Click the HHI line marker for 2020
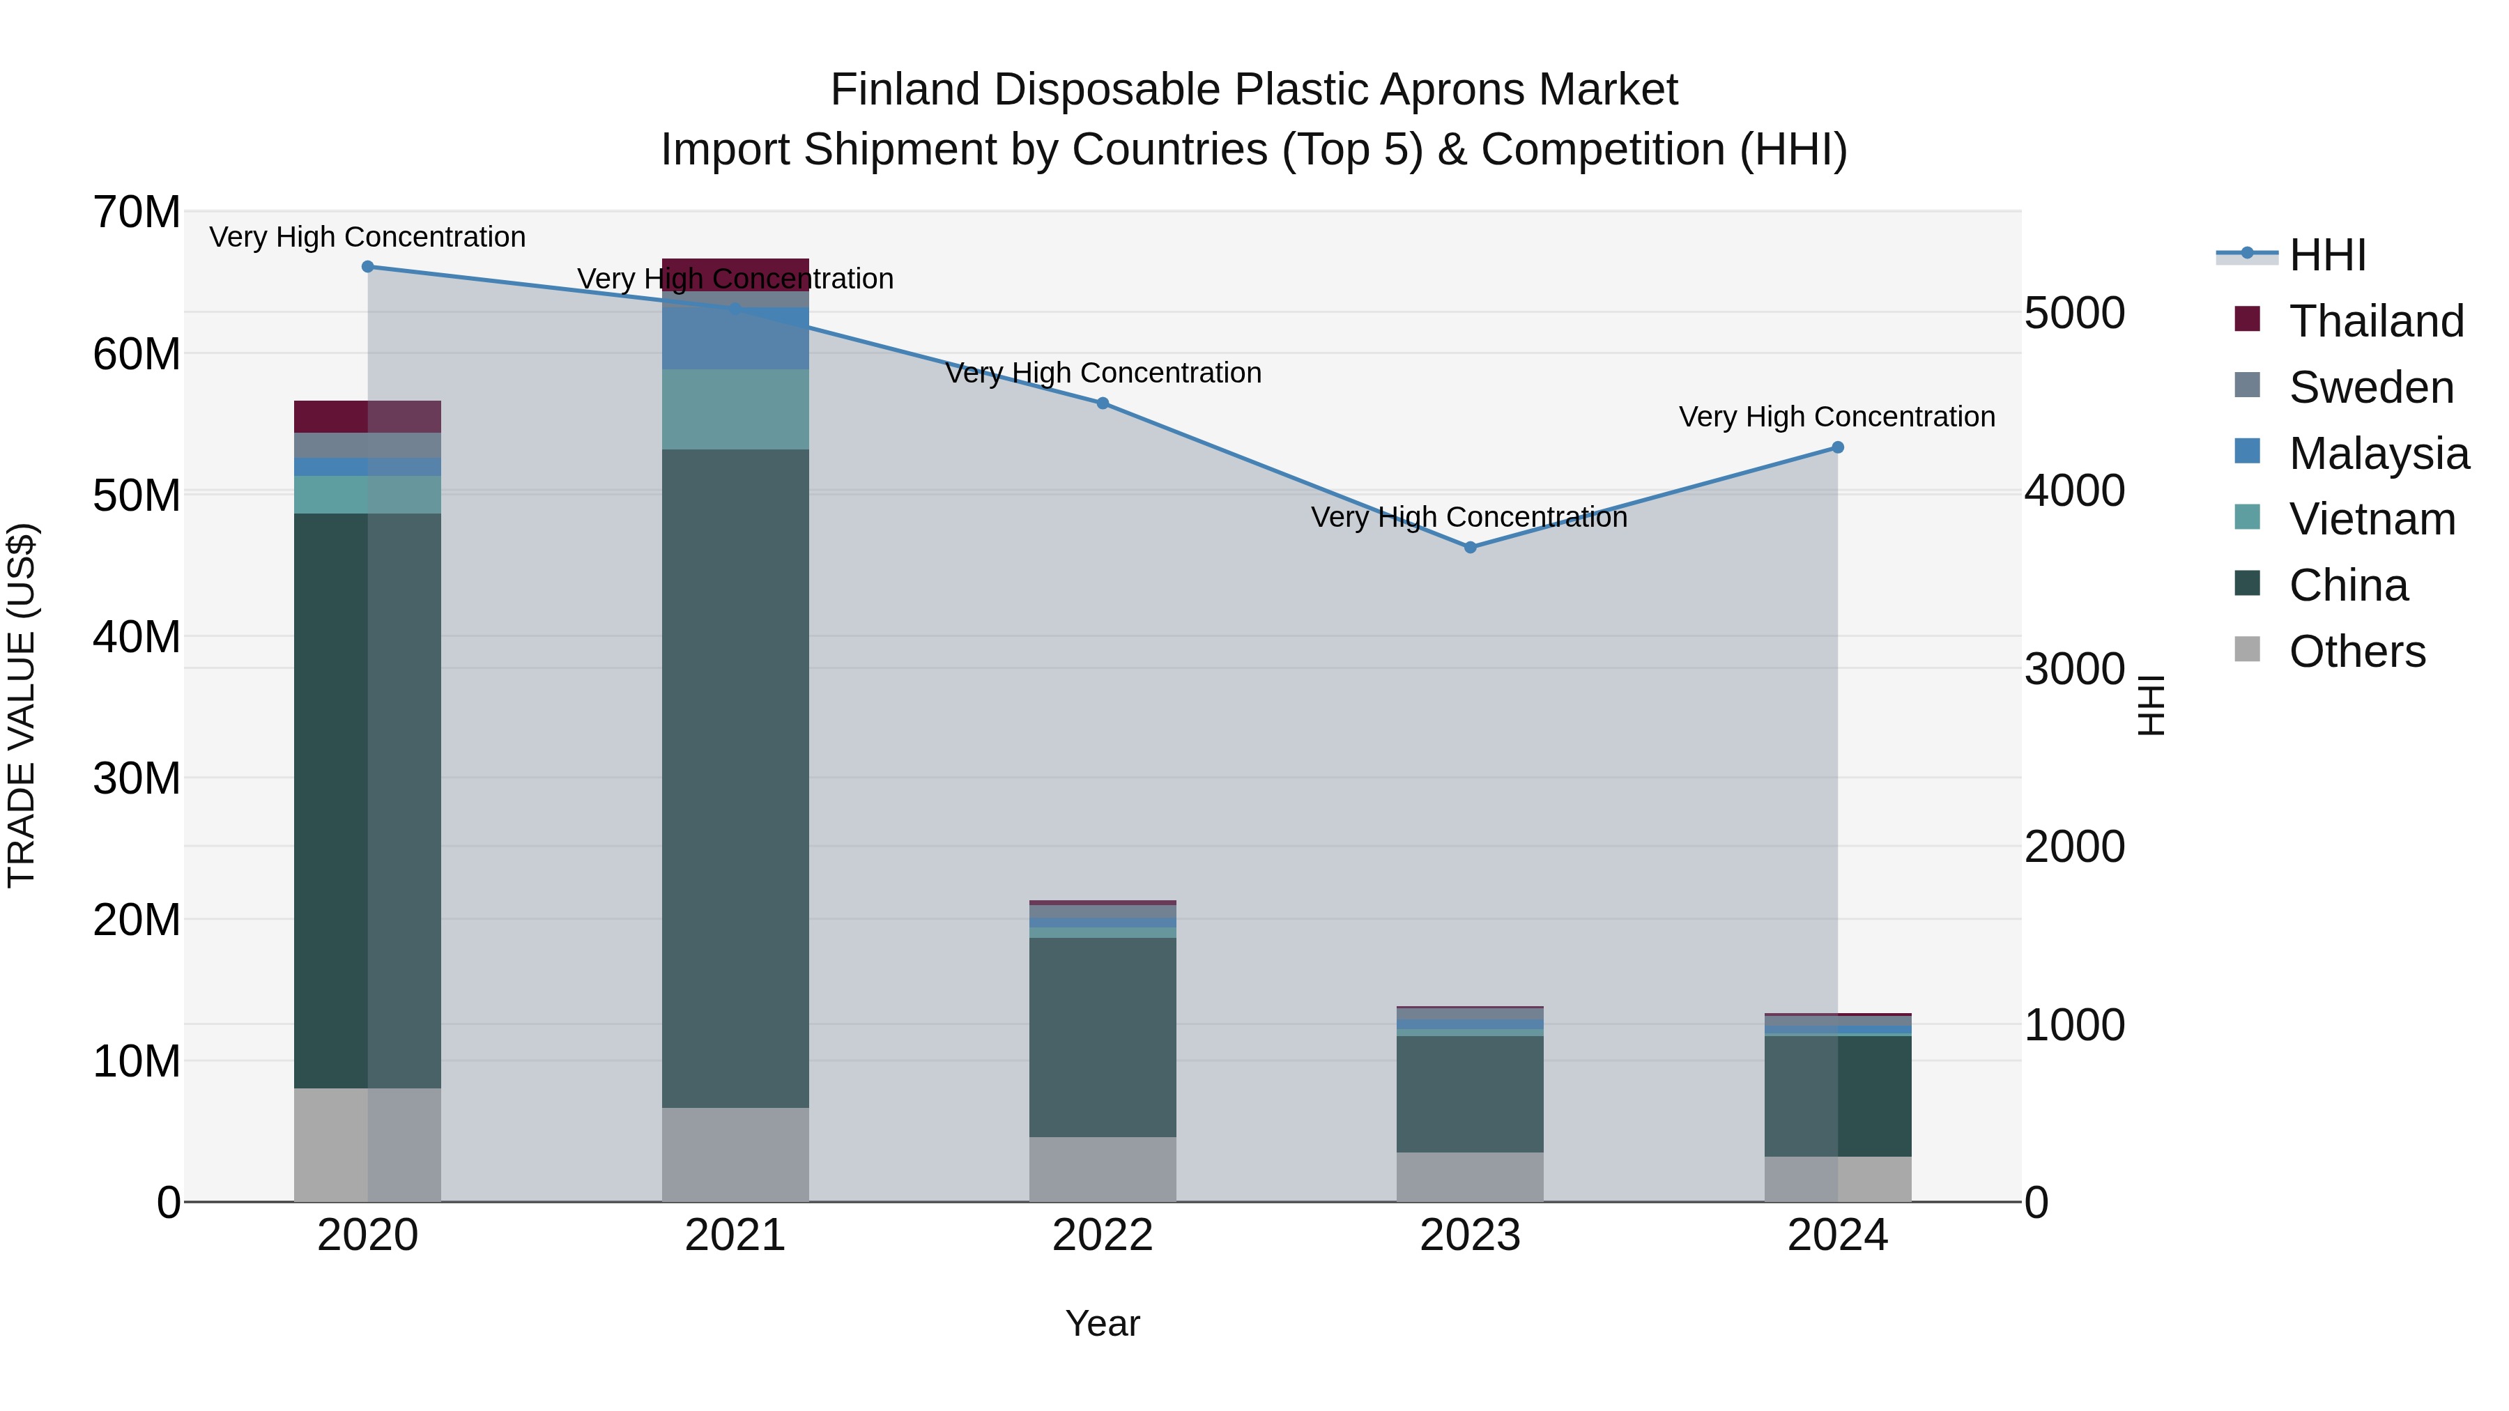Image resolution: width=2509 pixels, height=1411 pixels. (367, 267)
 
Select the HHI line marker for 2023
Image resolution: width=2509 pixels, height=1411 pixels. (1470, 547)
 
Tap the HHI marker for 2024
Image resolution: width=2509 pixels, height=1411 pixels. (1837, 448)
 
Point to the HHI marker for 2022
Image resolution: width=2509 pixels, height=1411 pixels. (1103, 403)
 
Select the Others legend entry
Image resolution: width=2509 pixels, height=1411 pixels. (2356, 651)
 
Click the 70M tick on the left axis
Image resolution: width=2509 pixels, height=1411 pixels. (137, 213)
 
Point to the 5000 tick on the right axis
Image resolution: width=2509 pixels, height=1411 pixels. (2073, 314)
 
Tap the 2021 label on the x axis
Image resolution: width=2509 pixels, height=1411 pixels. (735, 1235)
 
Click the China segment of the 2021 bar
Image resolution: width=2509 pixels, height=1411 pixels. (735, 779)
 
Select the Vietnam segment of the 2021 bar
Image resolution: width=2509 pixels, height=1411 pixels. (735, 409)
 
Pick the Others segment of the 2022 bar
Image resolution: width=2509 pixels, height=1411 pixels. (1103, 1169)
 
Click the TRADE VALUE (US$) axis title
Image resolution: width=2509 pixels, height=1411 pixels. (22, 705)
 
